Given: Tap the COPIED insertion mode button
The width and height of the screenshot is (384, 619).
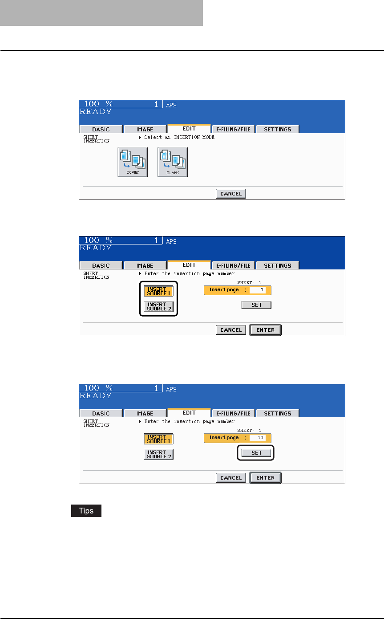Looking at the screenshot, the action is pos(133,162).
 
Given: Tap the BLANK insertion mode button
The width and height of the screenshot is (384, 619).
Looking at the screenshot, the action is pos(173,162).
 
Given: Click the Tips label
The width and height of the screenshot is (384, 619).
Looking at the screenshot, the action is pos(86,511).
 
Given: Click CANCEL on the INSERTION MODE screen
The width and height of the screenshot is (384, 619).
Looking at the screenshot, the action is pos(231,194).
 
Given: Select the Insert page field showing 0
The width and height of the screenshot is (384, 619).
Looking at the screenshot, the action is pos(257,290).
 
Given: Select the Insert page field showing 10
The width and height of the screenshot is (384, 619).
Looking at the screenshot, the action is pos(257,438).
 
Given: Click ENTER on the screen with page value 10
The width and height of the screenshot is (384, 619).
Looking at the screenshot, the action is pos(265,478).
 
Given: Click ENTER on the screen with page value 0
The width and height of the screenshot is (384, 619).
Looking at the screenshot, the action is pos(265,330).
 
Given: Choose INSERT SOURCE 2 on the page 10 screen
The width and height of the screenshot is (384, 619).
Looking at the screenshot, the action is pos(158,454).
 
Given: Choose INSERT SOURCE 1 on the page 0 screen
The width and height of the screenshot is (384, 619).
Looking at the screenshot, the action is pos(158,290).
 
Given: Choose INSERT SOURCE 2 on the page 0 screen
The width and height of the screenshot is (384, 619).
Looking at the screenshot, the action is pos(158,306).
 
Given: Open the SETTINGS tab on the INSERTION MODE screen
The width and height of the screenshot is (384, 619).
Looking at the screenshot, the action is pos(277,129).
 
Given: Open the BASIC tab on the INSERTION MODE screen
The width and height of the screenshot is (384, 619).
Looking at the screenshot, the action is pos(101,129).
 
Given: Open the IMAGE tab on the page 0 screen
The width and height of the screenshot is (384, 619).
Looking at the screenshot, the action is pos(145,265).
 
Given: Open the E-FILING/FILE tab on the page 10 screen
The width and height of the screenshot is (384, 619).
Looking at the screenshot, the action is pos(233,413).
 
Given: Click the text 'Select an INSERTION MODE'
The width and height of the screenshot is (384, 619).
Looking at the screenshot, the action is pos(179,137).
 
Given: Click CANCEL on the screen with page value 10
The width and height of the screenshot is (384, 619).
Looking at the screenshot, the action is pos(231,478).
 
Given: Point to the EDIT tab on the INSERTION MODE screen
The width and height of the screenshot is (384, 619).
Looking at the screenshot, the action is pos(189,129).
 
